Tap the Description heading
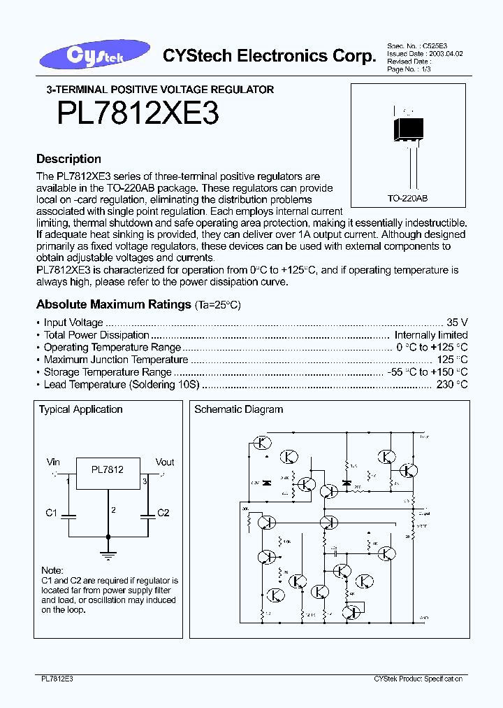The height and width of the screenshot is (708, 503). [68, 159]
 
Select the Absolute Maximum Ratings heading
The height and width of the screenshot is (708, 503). [113, 304]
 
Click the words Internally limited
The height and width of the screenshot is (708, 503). [431, 335]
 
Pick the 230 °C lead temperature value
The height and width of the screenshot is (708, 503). [451, 385]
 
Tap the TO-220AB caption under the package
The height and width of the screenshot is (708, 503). [407, 198]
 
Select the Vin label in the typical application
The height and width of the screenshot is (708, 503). [53, 462]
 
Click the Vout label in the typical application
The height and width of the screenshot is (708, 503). [165, 462]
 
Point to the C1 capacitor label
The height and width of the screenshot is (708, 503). [51, 513]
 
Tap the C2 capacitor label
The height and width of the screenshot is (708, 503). [163, 513]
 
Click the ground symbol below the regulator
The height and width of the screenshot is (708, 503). [108, 555]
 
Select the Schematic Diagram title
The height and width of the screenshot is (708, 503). [238, 409]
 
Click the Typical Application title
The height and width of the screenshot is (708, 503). [80, 409]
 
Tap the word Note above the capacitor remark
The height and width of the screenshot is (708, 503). [52, 570]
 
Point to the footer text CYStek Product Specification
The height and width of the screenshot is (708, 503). [418, 679]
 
